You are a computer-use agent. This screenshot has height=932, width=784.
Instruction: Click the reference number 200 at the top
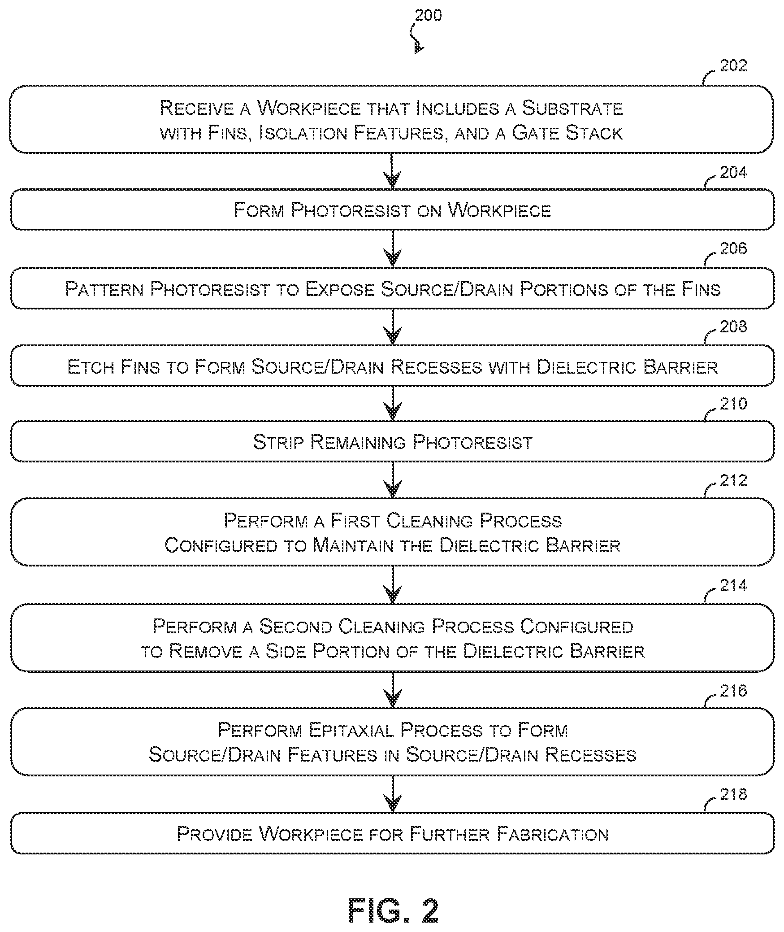tap(428, 15)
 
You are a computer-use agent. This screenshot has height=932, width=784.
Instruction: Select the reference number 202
tap(733, 66)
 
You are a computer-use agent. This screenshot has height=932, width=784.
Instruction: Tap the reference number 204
tap(733, 172)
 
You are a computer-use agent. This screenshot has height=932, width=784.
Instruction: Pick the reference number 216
tap(733, 690)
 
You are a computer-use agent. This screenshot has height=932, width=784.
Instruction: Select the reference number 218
tap(733, 794)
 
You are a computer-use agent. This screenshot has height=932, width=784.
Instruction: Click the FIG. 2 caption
tap(393, 910)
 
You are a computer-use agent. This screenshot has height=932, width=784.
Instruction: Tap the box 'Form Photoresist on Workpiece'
tap(392, 209)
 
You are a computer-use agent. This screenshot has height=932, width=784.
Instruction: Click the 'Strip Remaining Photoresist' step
tap(392, 441)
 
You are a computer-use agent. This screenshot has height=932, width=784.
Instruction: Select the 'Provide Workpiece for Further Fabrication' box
tap(392, 833)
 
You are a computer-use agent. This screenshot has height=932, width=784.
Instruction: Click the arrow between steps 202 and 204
tap(393, 171)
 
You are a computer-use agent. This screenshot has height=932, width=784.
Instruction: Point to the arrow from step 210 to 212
tap(393, 480)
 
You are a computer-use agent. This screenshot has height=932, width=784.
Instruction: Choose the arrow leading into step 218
tap(393, 794)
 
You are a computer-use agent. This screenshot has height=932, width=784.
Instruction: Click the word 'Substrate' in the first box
tap(572, 108)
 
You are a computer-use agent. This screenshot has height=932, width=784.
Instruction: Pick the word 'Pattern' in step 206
tap(104, 289)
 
